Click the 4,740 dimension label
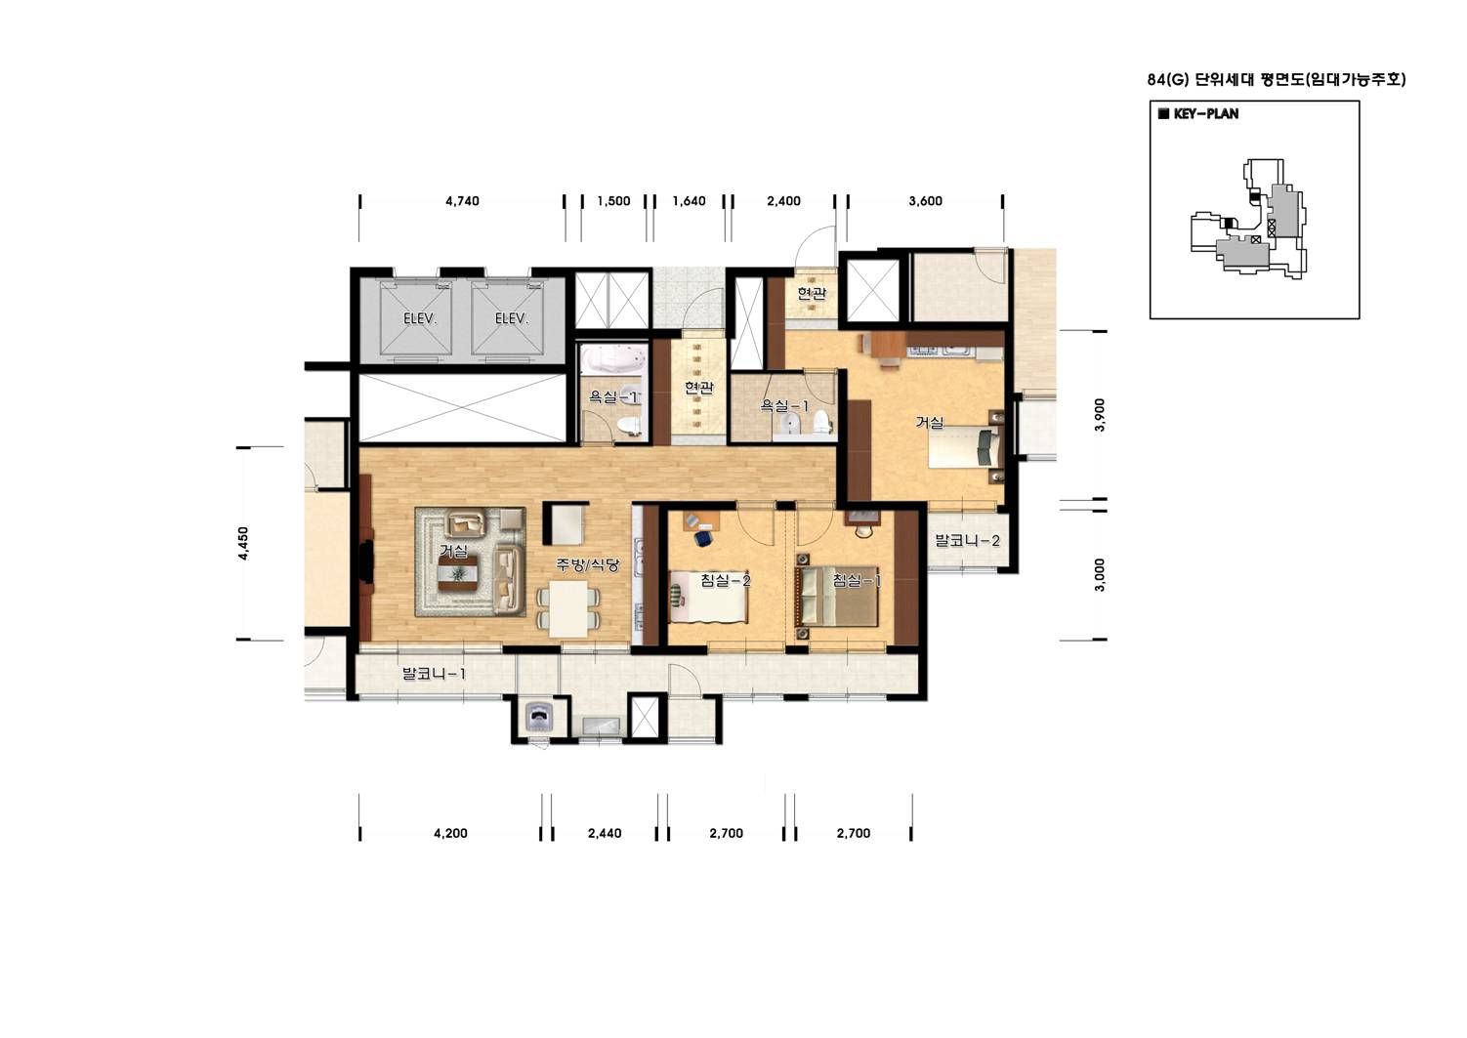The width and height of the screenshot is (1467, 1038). [x=462, y=201]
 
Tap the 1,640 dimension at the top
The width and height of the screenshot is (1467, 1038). [x=689, y=201]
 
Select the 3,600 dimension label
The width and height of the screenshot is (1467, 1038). [x=925, y=201]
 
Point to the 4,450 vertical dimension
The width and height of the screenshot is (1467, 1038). [x=243, y=543]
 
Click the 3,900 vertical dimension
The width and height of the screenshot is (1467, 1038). [x=1100, y=415]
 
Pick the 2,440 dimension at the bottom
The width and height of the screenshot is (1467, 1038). [x=605, y=834]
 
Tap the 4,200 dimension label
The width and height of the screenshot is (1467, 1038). [x=450, y=834]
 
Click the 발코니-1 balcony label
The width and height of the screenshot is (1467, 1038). [x=435, y=673]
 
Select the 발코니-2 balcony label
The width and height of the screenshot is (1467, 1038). [x=967, y=541]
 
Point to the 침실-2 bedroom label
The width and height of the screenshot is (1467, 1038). [x=725, y=580]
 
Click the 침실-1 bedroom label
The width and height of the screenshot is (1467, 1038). [x=857, y=580]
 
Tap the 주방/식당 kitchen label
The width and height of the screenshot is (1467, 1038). [x=587, y=564]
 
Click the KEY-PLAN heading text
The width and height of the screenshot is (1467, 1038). [x=1205, y=114]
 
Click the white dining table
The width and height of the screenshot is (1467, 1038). [x=568, y=609]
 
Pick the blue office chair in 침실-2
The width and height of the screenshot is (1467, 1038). [x=703, y=538]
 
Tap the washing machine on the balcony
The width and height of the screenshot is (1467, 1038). [x=540, y=717]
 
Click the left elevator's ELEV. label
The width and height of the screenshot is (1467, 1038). [x=420, y=319]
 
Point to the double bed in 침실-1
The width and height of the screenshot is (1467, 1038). [x=837, y=597]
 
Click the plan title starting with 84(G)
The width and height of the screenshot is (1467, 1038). [x=1276, y=80]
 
